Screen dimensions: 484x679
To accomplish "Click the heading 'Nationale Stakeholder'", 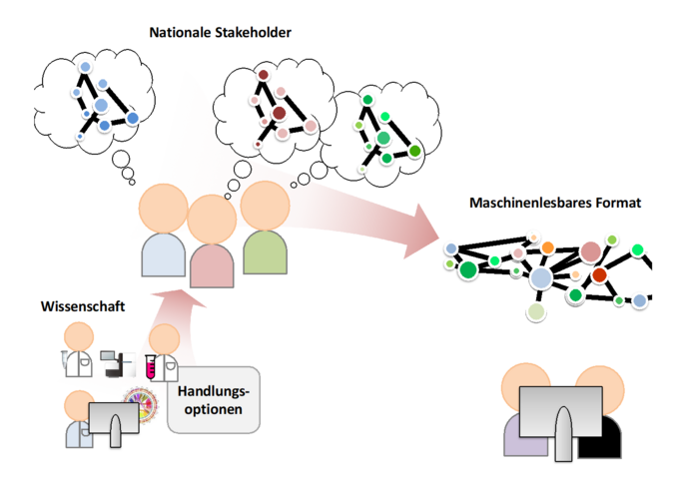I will pyautogui.click(x=220, y=33).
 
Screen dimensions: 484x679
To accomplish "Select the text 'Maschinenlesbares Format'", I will pyautogui.click(x=555, y=203).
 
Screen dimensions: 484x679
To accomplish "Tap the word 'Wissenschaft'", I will pyautogui.click(x=83, y=306).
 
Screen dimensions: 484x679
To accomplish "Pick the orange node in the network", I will pyautogui.click(x=548, y=246).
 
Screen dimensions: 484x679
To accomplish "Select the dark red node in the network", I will pyautogui.click(x=599, y=274).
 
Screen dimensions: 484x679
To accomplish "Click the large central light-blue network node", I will pyautogui.click(x=541, y=279).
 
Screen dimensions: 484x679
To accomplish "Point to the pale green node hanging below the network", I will pyautogui.click(x=537, y=312).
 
